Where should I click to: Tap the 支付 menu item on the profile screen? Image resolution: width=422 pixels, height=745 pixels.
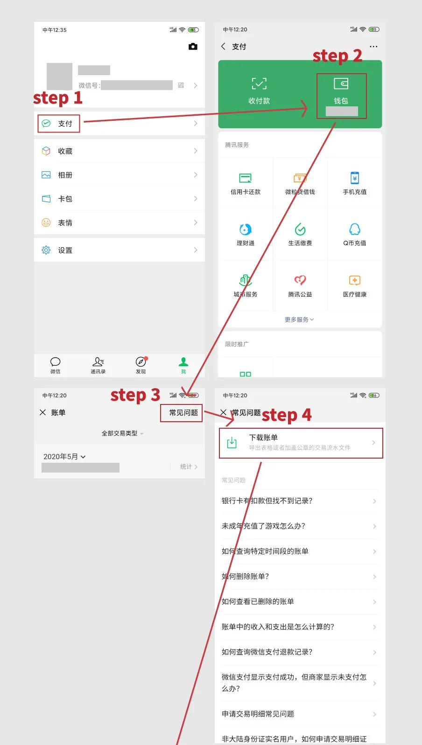pyautogui.click(x=64, y=124)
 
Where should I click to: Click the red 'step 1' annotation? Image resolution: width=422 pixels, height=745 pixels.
pyautogui.click(x=57, y=98)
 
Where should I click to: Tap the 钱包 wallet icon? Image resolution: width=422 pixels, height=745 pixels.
pyautogui.click(x=341, y=84)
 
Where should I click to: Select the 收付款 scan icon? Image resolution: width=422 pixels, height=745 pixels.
pyautogui.click(x=259, y=84)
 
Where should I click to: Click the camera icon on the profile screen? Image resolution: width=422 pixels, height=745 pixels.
pyautogui.click(x=193, y=47)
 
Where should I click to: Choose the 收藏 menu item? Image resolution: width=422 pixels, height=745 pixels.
pyautogui.click(x=65, y=151)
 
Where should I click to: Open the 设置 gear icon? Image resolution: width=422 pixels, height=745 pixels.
pyautogui.click(x=46, y=250)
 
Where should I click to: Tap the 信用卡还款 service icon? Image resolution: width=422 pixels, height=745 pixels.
pyautogui.click(x=246, y=178)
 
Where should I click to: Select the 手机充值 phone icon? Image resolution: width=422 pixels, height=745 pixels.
pyautogui.click(x=355, y=178)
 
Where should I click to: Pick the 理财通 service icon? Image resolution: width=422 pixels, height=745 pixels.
pyautogui.click(x=246, y=230)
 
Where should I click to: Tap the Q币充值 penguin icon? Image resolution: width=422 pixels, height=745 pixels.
pyautogui.click(x=355, y=230)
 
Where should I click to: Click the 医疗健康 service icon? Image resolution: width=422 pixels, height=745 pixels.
pyautogui.click(x=355, y=281)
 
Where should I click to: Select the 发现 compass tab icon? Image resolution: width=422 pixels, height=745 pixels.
pyautogui.click(x=141, y=362)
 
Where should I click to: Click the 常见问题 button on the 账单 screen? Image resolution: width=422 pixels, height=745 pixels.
pyautogui.click(x=183, y=413)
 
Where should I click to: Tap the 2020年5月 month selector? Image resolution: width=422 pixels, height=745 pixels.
pyautogui.click(x=64, y=457)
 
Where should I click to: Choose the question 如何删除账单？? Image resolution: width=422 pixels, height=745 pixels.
pyautogui.click(x=245, y=577)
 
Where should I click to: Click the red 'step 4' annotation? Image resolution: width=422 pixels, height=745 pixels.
pyautogui.click(x=286, y=415)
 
